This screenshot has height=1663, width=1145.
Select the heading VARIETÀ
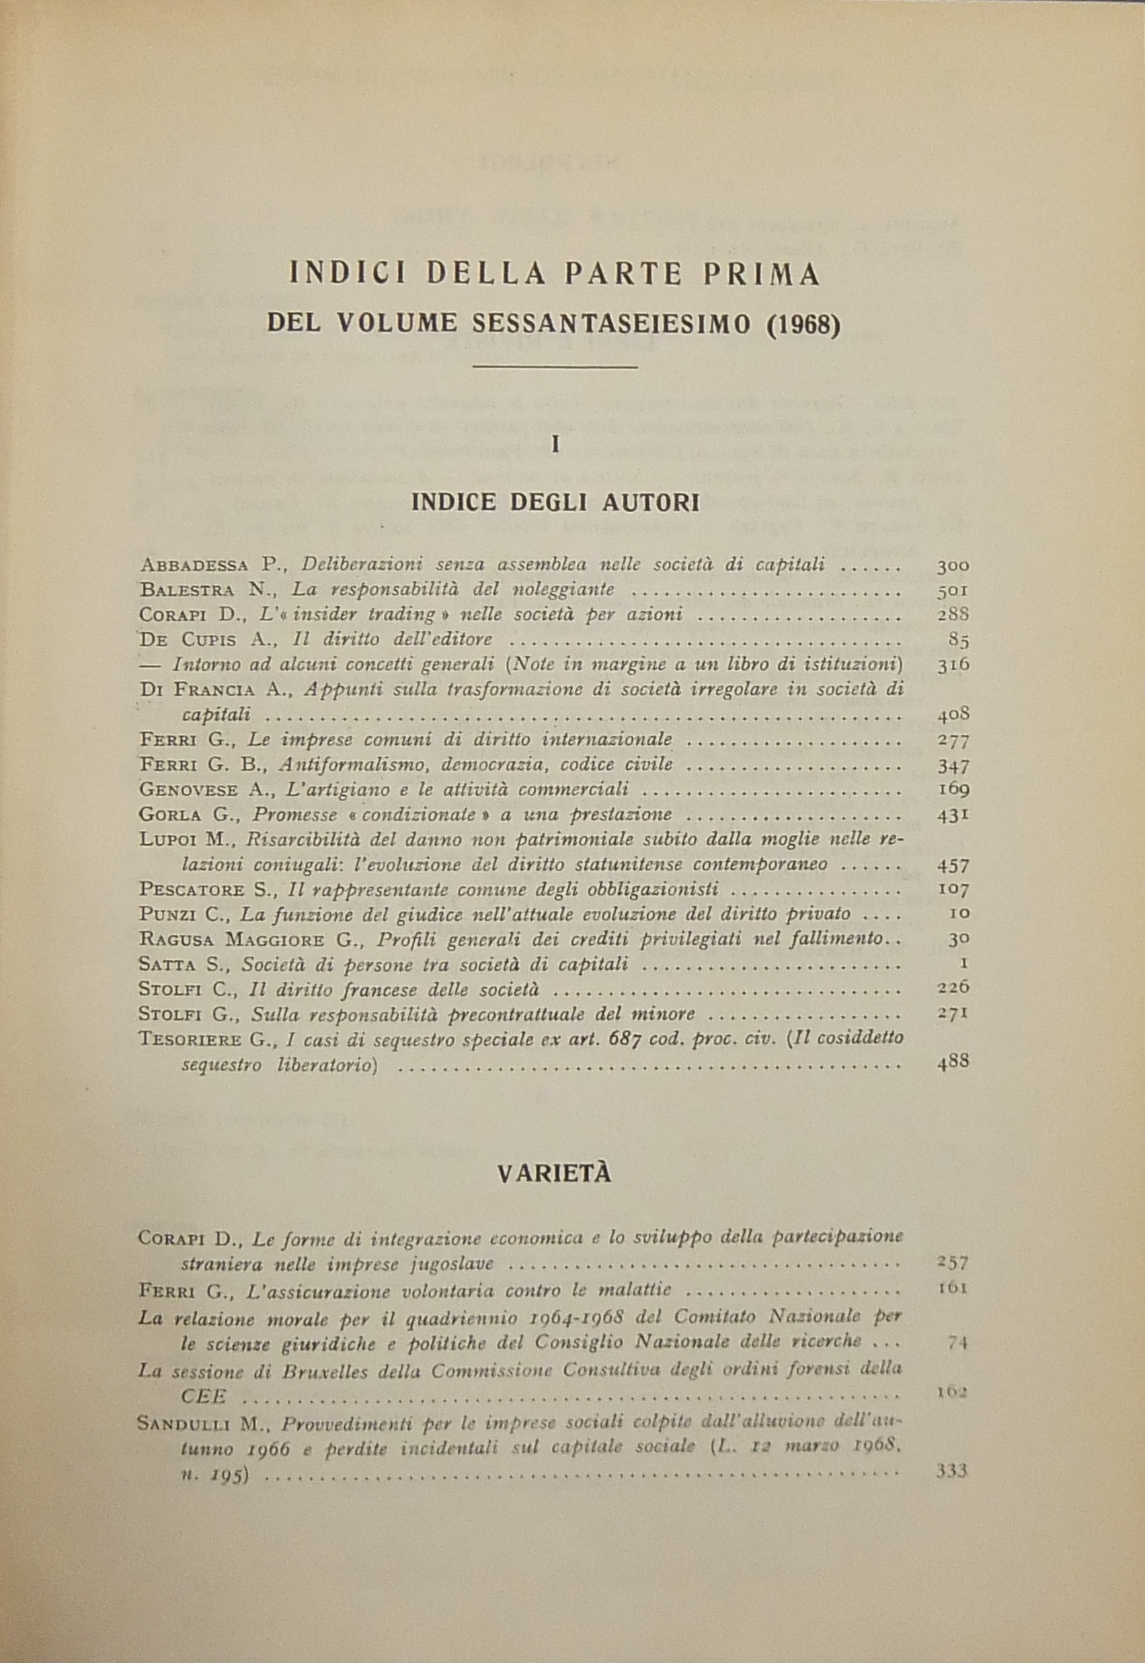[x=554, y=1174]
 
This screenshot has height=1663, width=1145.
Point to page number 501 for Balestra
[x=953, y=591]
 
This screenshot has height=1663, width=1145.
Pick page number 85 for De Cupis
[x=959, y=640]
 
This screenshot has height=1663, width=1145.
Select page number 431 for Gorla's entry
[x=953, y=815]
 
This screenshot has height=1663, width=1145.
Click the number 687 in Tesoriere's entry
[x=654, y=1039]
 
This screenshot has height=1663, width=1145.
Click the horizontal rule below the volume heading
[x=555, y=368]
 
